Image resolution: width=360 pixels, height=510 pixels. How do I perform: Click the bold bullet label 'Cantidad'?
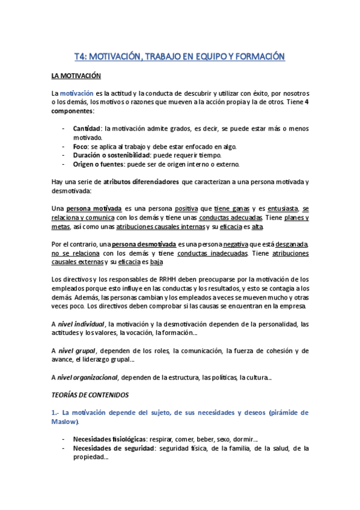pyautogui.click(x=87, y=128)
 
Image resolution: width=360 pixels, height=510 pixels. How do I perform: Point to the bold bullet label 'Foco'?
pyautogui.click(x=81, y=146)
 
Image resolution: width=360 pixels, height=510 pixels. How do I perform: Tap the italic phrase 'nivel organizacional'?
pyautogui.click(x=90, y=377)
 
